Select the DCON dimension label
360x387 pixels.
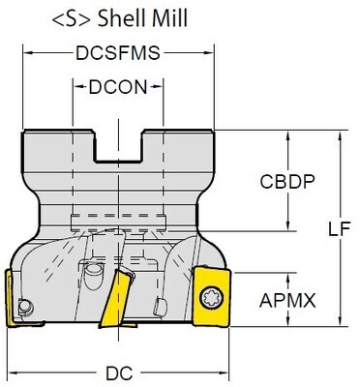coord(118,86)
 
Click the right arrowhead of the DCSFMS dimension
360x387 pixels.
coord(209,54)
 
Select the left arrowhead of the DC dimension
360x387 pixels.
coord(7,371)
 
